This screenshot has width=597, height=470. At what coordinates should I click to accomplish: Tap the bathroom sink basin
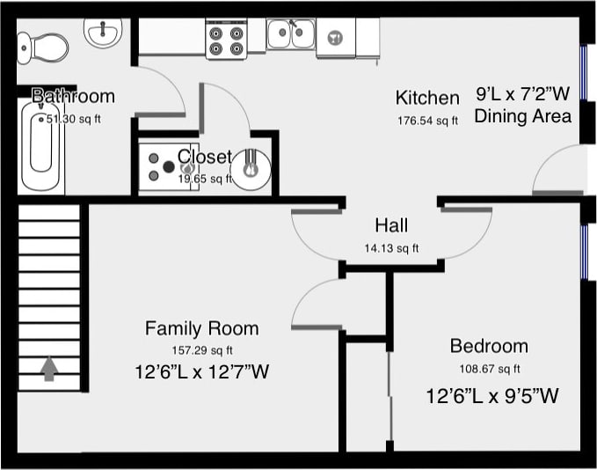coord(102,33)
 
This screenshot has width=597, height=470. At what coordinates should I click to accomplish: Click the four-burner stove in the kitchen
coord(226,39)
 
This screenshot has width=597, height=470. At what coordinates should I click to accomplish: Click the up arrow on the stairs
coord(49,368)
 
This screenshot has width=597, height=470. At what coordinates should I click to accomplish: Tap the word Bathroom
coord(73,96)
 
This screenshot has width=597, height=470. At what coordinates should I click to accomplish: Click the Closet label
coord(205,157)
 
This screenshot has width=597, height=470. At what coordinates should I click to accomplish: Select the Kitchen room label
coord(427,98)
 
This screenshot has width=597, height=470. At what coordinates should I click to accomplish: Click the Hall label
coord(391,225)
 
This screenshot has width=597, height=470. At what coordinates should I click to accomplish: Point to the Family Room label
coord(202,328)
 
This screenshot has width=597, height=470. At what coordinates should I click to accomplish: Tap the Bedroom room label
coord(489,346)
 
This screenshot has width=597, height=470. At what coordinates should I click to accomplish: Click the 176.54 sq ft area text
coord(427,121)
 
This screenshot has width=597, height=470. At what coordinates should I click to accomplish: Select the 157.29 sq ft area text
coord(201,350)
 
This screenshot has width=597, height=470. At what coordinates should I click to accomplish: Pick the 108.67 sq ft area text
coord(490,369)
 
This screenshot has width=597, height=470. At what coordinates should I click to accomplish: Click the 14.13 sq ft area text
coord(391,247)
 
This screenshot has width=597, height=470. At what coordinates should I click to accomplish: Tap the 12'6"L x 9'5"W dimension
coord(492,396)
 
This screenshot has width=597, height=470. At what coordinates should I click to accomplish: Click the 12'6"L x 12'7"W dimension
coord(202,372)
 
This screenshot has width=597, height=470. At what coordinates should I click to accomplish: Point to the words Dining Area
coord(522,116)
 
